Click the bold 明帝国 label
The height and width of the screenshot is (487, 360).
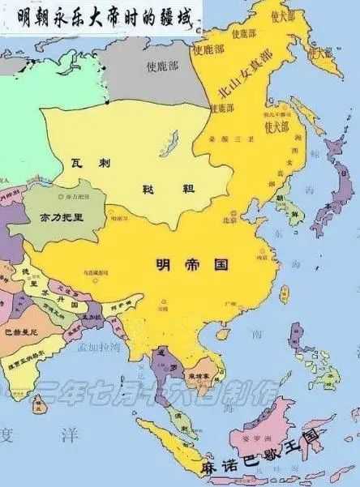click(x=192, y=264)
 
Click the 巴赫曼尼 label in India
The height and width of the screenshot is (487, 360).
click(x=21, y=331)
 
